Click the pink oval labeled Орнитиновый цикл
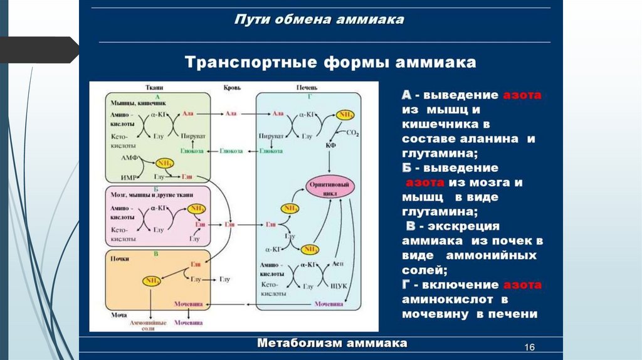pos(330,188)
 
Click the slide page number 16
pos(528,348)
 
